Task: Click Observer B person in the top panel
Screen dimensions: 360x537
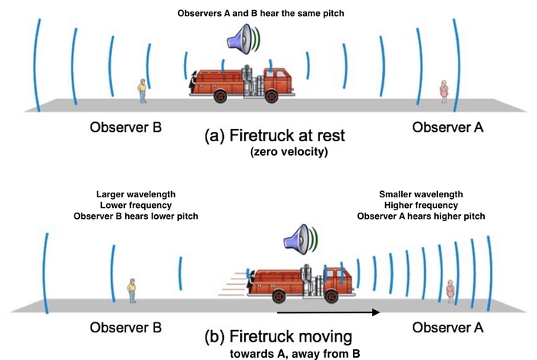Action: pyautogui.click(x=142, y=91)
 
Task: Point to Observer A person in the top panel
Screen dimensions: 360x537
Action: pyautogui.click(x=444, y=91)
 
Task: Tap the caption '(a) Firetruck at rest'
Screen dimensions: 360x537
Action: pyautogui.click(x=275, y=136)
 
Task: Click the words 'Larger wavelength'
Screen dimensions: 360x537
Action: pyautogui.click(x=135, y=193)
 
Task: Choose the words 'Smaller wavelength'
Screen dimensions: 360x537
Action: pyautogui.click(x=419, y=193)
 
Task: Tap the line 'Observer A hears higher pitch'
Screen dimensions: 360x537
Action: pyautogui.click(x=419, y=216)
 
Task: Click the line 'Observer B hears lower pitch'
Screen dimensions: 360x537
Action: pyautogui.click(x=135, y=216)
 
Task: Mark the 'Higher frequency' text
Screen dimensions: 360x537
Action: pyautogui.click(x=419, y=205)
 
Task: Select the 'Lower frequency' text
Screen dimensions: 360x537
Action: pyautogui.click(x=135, y=205)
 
